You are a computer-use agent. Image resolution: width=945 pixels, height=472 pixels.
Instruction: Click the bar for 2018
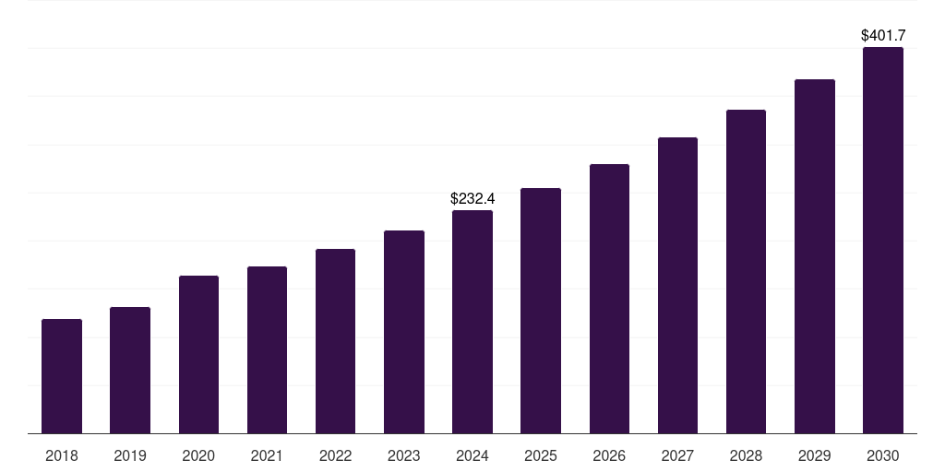(x=62, y=376)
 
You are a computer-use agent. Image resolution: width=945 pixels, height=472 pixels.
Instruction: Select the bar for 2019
(x=130, y=370)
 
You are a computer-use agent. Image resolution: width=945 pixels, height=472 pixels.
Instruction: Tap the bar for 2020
(x=198, y=354)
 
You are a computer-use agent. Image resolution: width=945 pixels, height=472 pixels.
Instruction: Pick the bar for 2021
(x=267, y=349)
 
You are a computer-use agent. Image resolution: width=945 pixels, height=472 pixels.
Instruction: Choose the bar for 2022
(x=335, y=341)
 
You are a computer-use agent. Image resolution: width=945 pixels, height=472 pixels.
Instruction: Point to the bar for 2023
(x=404, y=332)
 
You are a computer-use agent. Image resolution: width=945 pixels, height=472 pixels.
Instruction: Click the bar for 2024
(x=472, y=322)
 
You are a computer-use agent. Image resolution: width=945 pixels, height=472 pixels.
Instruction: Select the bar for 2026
(x=609, y=299)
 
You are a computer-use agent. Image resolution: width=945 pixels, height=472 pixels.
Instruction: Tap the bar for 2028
(x=746, y=271)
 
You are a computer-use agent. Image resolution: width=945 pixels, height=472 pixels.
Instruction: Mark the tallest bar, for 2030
(x=883, y=240)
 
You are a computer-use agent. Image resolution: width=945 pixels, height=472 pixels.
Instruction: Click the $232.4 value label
(x=472, y=198)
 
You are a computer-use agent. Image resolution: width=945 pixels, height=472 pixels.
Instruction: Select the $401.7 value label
(x=883, y=36)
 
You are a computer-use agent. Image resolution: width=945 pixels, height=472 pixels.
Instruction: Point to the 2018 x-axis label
(x=62, y=455)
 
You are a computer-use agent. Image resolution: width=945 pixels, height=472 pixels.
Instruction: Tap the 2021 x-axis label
(x=267, y=455)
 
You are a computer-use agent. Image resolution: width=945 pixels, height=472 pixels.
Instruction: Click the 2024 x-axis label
(x=472, y=455)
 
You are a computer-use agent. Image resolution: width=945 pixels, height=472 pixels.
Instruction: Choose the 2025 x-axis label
(x=541, y=455)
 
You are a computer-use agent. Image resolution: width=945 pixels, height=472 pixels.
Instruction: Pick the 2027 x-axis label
(x=677, y=455)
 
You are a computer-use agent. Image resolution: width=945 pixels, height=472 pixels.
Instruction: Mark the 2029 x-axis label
(x=814, y=455)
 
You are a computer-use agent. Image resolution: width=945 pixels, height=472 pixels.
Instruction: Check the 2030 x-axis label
(x=883, y=455)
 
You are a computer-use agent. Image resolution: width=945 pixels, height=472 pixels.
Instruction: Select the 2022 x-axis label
(x=335, y=455)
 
